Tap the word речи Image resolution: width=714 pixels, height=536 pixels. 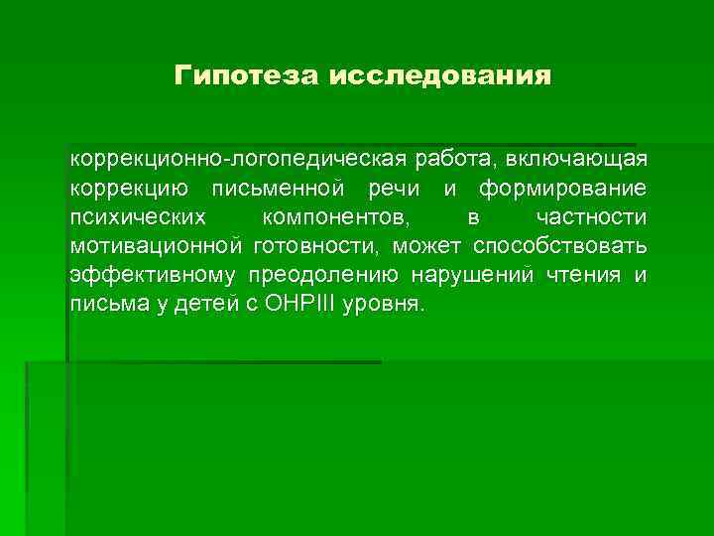tap(394, 189)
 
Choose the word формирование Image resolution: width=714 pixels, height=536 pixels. tap(563, 189)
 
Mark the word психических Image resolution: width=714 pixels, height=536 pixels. tap(139, 217)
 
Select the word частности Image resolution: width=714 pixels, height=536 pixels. tap(591, 217)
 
